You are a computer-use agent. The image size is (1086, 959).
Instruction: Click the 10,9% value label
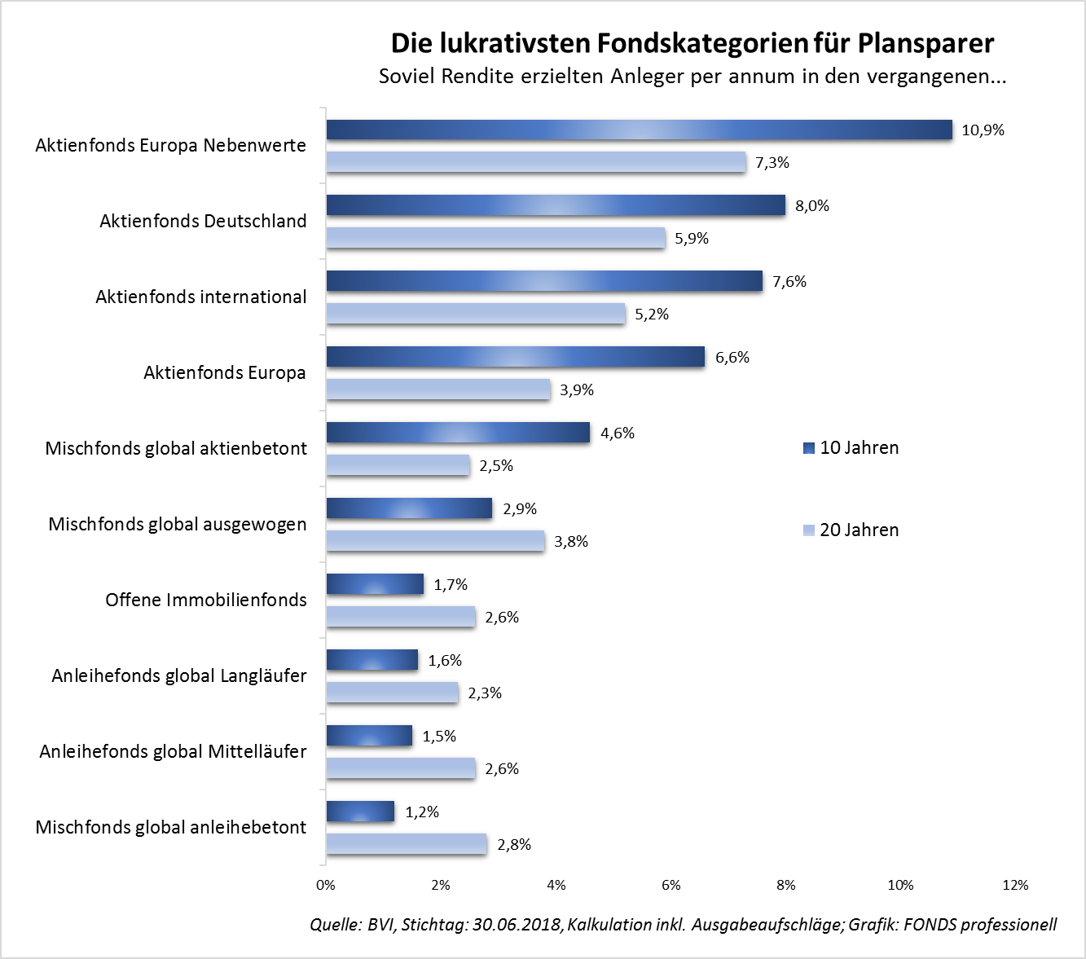983,130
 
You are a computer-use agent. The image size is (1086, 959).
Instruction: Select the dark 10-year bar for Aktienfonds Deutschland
556,205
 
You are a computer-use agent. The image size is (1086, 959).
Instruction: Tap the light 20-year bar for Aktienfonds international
476,314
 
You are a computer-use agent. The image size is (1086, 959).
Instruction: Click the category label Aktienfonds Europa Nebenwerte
171,146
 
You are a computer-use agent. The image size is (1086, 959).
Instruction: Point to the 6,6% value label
732,358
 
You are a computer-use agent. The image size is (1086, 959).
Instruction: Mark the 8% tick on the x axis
786,886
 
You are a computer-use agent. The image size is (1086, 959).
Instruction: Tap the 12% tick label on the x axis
1015,886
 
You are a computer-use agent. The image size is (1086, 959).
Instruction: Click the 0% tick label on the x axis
326,886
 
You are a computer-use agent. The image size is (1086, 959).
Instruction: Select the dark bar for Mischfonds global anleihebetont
360,812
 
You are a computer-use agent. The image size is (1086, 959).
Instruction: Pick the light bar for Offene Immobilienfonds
401,617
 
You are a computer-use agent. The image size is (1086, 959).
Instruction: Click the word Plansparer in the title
926,43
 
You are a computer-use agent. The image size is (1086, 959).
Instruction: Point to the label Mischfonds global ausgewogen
178,525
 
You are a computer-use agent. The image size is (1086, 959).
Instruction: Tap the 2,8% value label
514,845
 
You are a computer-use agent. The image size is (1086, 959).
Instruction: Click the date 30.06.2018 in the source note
517,925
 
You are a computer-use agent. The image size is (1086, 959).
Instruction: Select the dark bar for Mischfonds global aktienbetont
458,433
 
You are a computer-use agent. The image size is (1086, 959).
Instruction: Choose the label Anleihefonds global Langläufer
179,676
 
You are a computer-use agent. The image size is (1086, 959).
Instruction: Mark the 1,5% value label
439,737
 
